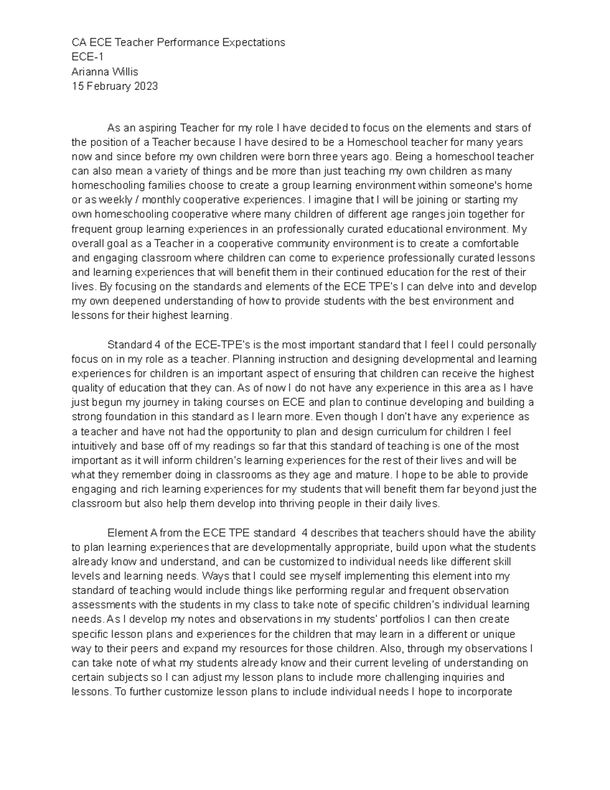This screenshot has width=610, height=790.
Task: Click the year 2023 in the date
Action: click(146, 86)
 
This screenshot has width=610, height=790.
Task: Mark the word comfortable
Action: click(501, 244)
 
